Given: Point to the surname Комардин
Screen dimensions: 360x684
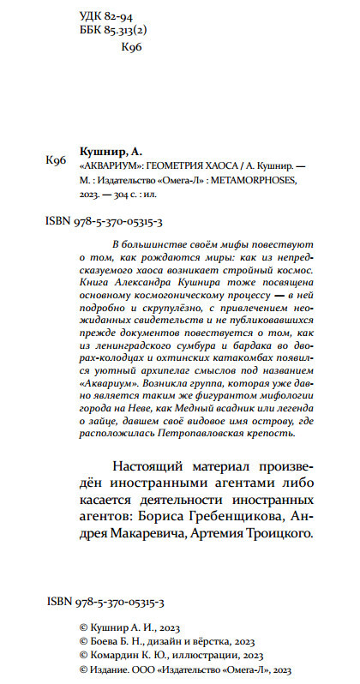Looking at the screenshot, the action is point(117,651).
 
